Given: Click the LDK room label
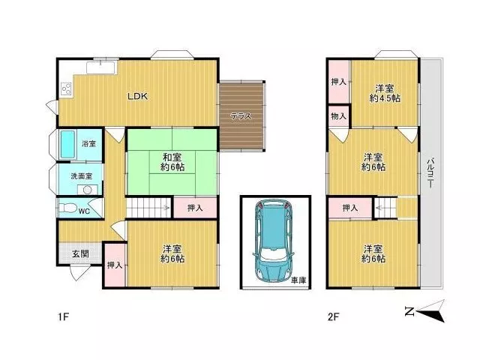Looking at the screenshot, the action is pos(137,97).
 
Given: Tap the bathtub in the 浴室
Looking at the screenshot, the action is pos(67,145).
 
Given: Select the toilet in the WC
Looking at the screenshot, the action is pos(65,208).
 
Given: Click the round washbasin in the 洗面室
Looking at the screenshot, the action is pos(87,190).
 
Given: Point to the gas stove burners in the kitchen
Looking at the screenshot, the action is pos(67,89).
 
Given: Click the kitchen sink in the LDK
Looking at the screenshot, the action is pos(100,67).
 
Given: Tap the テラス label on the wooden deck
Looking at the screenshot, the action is pos(241,116).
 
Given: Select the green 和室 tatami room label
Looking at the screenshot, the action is pos(172,162).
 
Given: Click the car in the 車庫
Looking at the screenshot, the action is pos(273,241).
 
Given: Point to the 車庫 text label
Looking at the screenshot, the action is pos(298,280).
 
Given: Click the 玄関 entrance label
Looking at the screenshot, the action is pos(80,253).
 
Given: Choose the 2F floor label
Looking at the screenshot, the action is pos(333,316).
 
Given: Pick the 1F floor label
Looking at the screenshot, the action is pos(63,316).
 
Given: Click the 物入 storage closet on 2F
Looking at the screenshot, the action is pos(338,116).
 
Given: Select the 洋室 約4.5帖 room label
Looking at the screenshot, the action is pos(385,93).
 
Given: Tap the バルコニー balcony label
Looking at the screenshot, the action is pos(431,172).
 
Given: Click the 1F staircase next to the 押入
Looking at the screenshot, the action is pos(148,208).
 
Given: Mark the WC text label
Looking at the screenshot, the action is pos(84,211).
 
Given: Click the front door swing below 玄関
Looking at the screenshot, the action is pos(80,272).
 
